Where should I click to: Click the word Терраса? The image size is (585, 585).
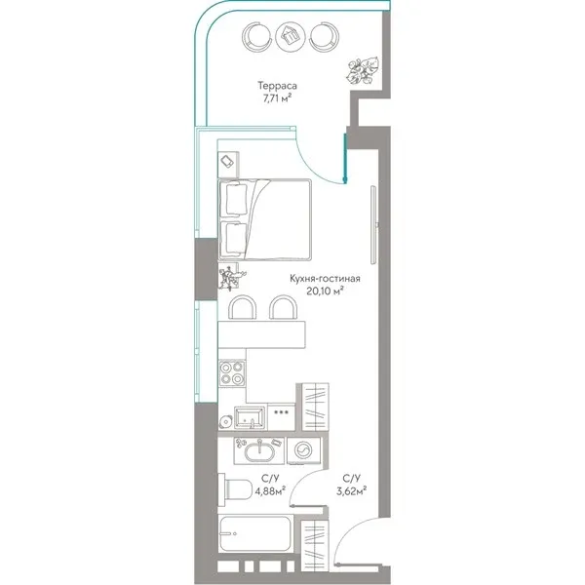point(277,86)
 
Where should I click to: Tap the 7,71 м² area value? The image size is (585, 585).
point(277,98)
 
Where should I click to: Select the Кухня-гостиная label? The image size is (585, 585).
point(325,279)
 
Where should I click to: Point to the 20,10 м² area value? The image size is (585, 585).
point(325,291)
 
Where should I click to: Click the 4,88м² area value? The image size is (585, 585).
point(270,491)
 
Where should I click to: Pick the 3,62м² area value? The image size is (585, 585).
point(351,491)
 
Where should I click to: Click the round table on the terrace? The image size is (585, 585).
point(291,36)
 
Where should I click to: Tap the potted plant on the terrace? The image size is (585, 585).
point(363,71)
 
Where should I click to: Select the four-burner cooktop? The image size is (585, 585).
point(232,373)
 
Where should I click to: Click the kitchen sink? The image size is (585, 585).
point(250,418)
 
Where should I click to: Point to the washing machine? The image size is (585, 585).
point(304,450)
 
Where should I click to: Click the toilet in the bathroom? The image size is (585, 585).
point(235,489)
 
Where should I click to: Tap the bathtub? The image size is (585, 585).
point(255,534)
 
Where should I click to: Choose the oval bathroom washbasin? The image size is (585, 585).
point(259,451)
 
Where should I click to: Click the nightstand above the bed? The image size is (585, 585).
point(228,165)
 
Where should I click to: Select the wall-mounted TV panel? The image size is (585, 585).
point(373,225)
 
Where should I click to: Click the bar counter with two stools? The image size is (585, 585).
point(261,334)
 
